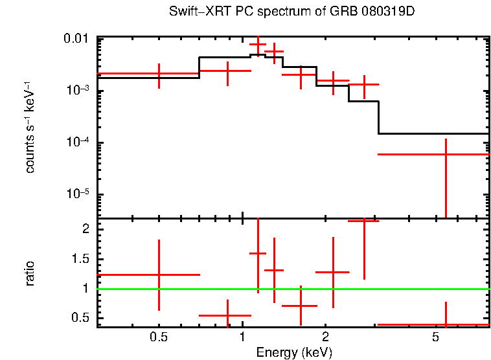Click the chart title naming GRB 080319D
pos(295,12)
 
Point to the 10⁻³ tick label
pos(77,91)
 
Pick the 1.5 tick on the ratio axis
pos(81,259)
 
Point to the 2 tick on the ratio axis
pos(86,229)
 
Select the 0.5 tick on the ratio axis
pos(81,317)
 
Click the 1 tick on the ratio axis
pos(86,289)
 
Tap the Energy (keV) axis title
pos(294,352)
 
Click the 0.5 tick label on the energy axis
pos(159,337)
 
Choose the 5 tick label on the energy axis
pos(435,337)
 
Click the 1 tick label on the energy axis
pos(242,337)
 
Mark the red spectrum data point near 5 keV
pos(446,154)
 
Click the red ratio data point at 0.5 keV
pos(159,275)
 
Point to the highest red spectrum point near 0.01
pos(258,45)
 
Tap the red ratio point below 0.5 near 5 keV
pos(446,324)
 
